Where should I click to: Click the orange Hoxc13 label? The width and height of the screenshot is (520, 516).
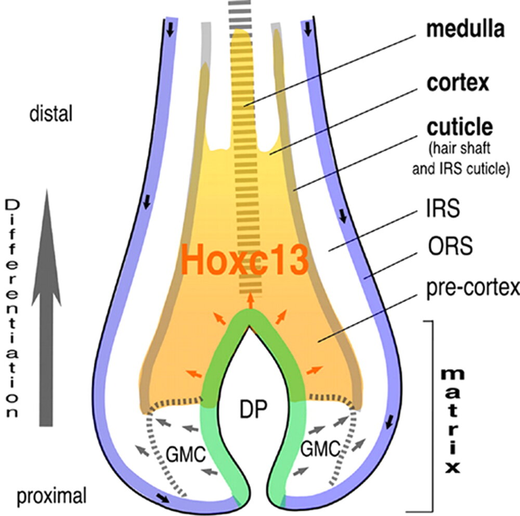tap(244, 260)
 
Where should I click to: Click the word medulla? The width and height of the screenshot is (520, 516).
tap(465, 30)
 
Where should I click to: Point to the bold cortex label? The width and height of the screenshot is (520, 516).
tap(458, 83)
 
